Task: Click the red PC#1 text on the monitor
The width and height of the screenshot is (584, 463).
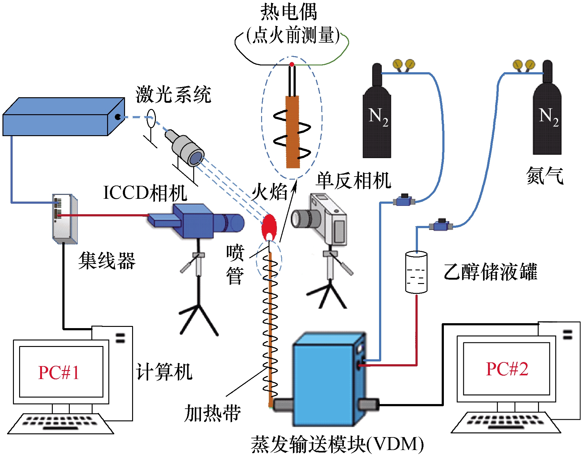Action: point(59,372)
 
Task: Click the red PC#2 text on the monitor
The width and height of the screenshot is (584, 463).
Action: point(507,369)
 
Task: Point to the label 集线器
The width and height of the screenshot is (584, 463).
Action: point(107,261)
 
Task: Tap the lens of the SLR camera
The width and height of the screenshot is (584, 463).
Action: point(301,219)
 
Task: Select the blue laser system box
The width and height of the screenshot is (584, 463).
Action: point(62,119)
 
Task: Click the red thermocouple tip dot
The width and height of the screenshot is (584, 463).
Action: point(292,65)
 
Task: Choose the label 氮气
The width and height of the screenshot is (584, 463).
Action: point(545,176)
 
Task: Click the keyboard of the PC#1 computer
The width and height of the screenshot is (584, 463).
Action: point(60,423)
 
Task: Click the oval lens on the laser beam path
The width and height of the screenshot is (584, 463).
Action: point(151,119)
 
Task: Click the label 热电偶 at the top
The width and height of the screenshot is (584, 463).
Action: point(289,12)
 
